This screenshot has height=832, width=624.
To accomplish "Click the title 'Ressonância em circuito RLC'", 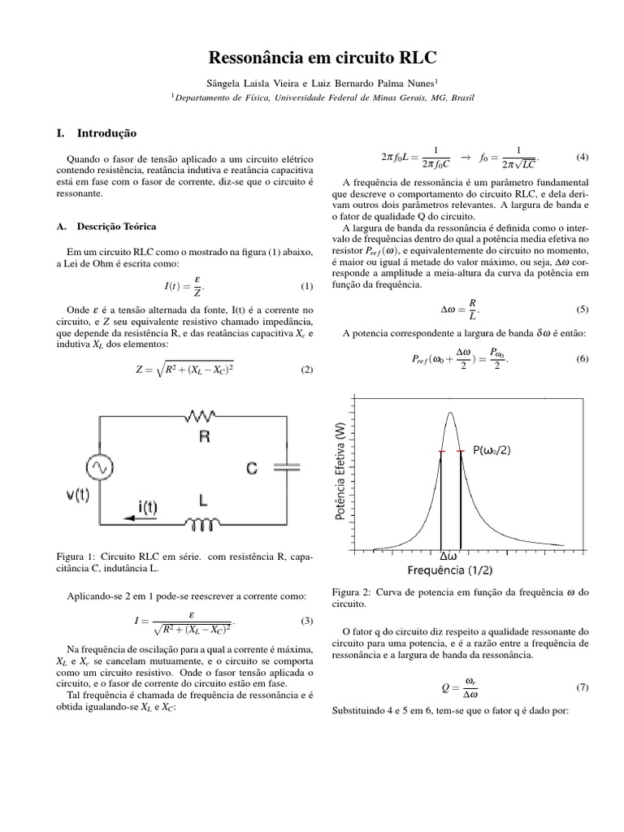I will coord(312,58).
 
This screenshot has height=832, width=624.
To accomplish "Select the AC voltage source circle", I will coord(104,468).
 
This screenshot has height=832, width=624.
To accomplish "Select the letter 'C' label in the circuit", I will coord(253,467).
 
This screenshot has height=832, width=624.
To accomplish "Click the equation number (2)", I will coord(306,370).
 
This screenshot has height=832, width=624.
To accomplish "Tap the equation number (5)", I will coord(582,309).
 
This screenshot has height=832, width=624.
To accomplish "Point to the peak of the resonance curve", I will coord(450,414).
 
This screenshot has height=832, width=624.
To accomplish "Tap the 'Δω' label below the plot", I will coord(449,557).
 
